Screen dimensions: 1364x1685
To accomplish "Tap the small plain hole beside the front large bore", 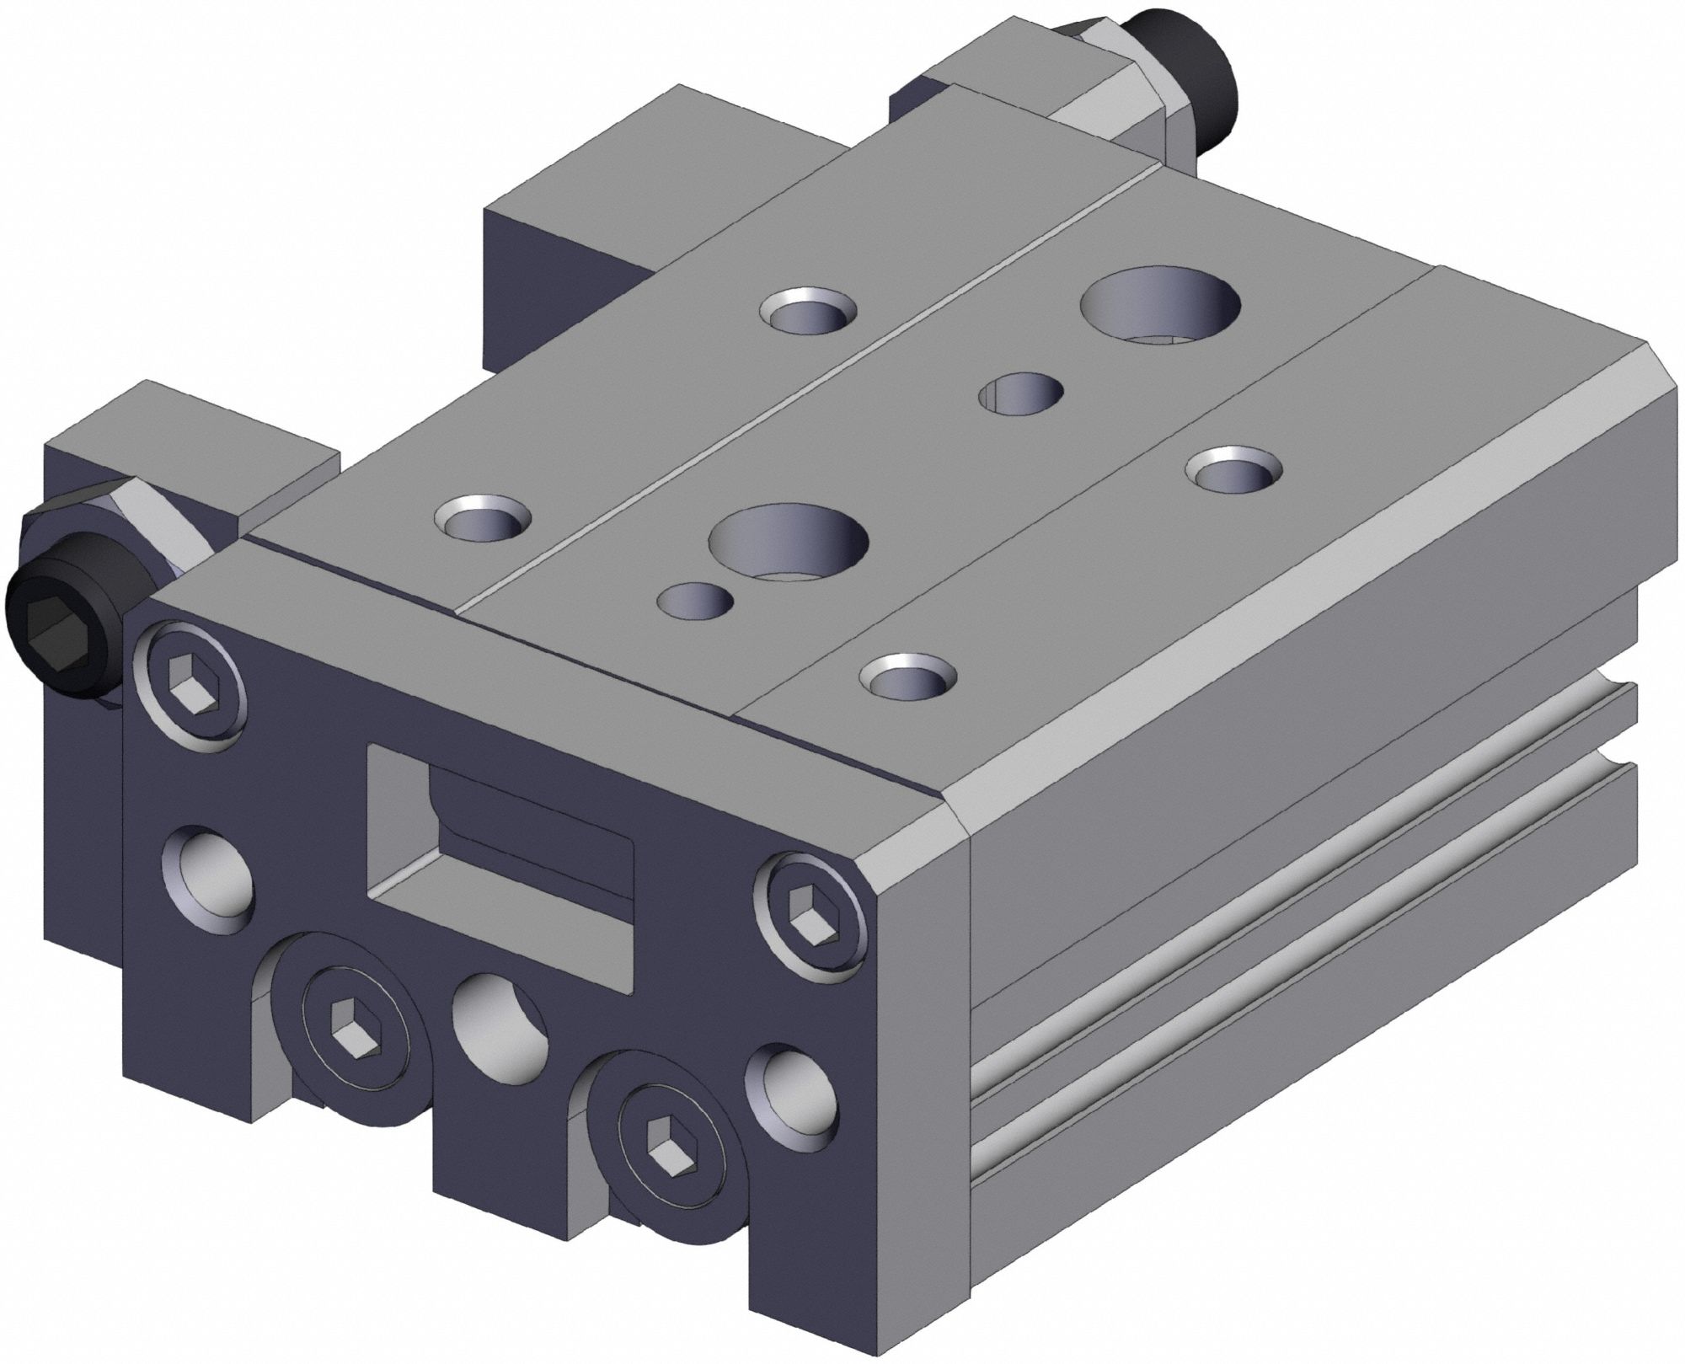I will [695, 602].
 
